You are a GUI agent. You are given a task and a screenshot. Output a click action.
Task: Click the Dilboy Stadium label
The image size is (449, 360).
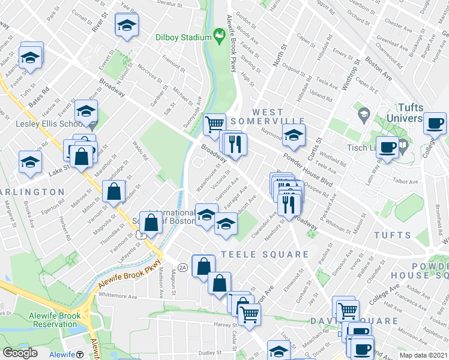coord(176,37)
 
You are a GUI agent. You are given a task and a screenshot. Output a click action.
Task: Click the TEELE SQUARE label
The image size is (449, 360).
coord(265,254)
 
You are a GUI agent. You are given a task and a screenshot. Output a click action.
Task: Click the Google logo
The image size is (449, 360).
coord(20,353)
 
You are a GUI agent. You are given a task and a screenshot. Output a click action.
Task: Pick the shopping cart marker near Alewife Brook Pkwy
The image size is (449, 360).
coord(214,125)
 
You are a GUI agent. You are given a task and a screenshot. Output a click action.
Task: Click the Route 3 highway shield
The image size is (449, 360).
coord(139,235)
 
